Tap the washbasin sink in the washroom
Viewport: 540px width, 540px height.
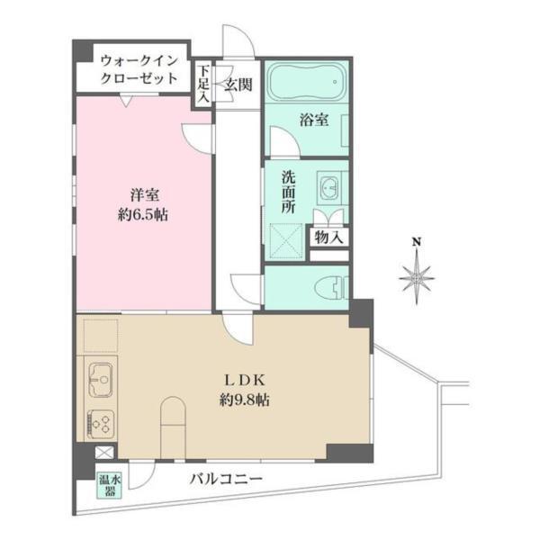coord(328,188)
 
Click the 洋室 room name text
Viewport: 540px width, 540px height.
coord(141,194)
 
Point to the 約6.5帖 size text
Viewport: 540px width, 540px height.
coord(141,215)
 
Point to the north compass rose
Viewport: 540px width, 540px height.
coord(416,279)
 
